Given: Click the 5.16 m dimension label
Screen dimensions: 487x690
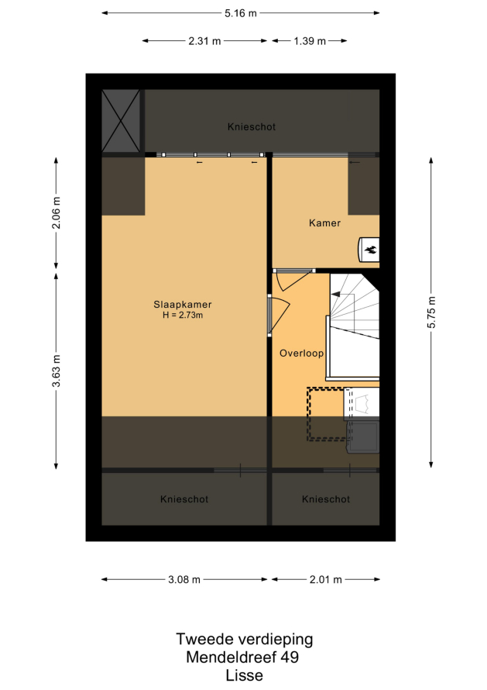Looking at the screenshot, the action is [241, 13].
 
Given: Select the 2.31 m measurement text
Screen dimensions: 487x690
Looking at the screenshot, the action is [204, 41].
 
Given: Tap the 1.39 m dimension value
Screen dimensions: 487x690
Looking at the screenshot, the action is [310, 41].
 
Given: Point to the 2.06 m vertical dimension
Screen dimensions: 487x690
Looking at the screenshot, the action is [57, 213].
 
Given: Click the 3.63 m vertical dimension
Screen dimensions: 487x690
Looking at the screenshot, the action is [57, 371].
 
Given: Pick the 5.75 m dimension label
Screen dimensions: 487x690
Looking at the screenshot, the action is [431, 312].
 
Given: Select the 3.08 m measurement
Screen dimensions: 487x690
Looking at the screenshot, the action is [184, 580].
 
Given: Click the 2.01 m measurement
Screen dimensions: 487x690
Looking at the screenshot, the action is [326, 580].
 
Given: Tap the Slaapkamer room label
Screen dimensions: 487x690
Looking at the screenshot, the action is [183, 304].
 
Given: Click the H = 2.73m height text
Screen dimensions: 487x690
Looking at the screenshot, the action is [183, 315].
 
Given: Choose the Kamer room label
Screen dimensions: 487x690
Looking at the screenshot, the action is [325, 223].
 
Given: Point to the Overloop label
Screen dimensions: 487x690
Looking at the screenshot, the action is [301, 353].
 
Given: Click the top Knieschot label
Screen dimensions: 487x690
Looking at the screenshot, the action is [252, 126].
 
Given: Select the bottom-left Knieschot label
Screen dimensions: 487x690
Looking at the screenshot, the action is [184, 499].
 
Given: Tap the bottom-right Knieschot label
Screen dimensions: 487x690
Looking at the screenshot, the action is [326, 499].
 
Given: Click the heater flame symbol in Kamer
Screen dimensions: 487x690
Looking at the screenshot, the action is [370, 250].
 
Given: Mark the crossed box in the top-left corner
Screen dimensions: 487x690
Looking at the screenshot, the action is [121, 121].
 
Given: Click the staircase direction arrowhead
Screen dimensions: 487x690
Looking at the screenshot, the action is [334, 295].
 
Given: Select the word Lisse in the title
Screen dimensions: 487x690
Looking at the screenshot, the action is [245, 675].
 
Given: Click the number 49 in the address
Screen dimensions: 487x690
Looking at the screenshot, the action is [290, 657].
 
